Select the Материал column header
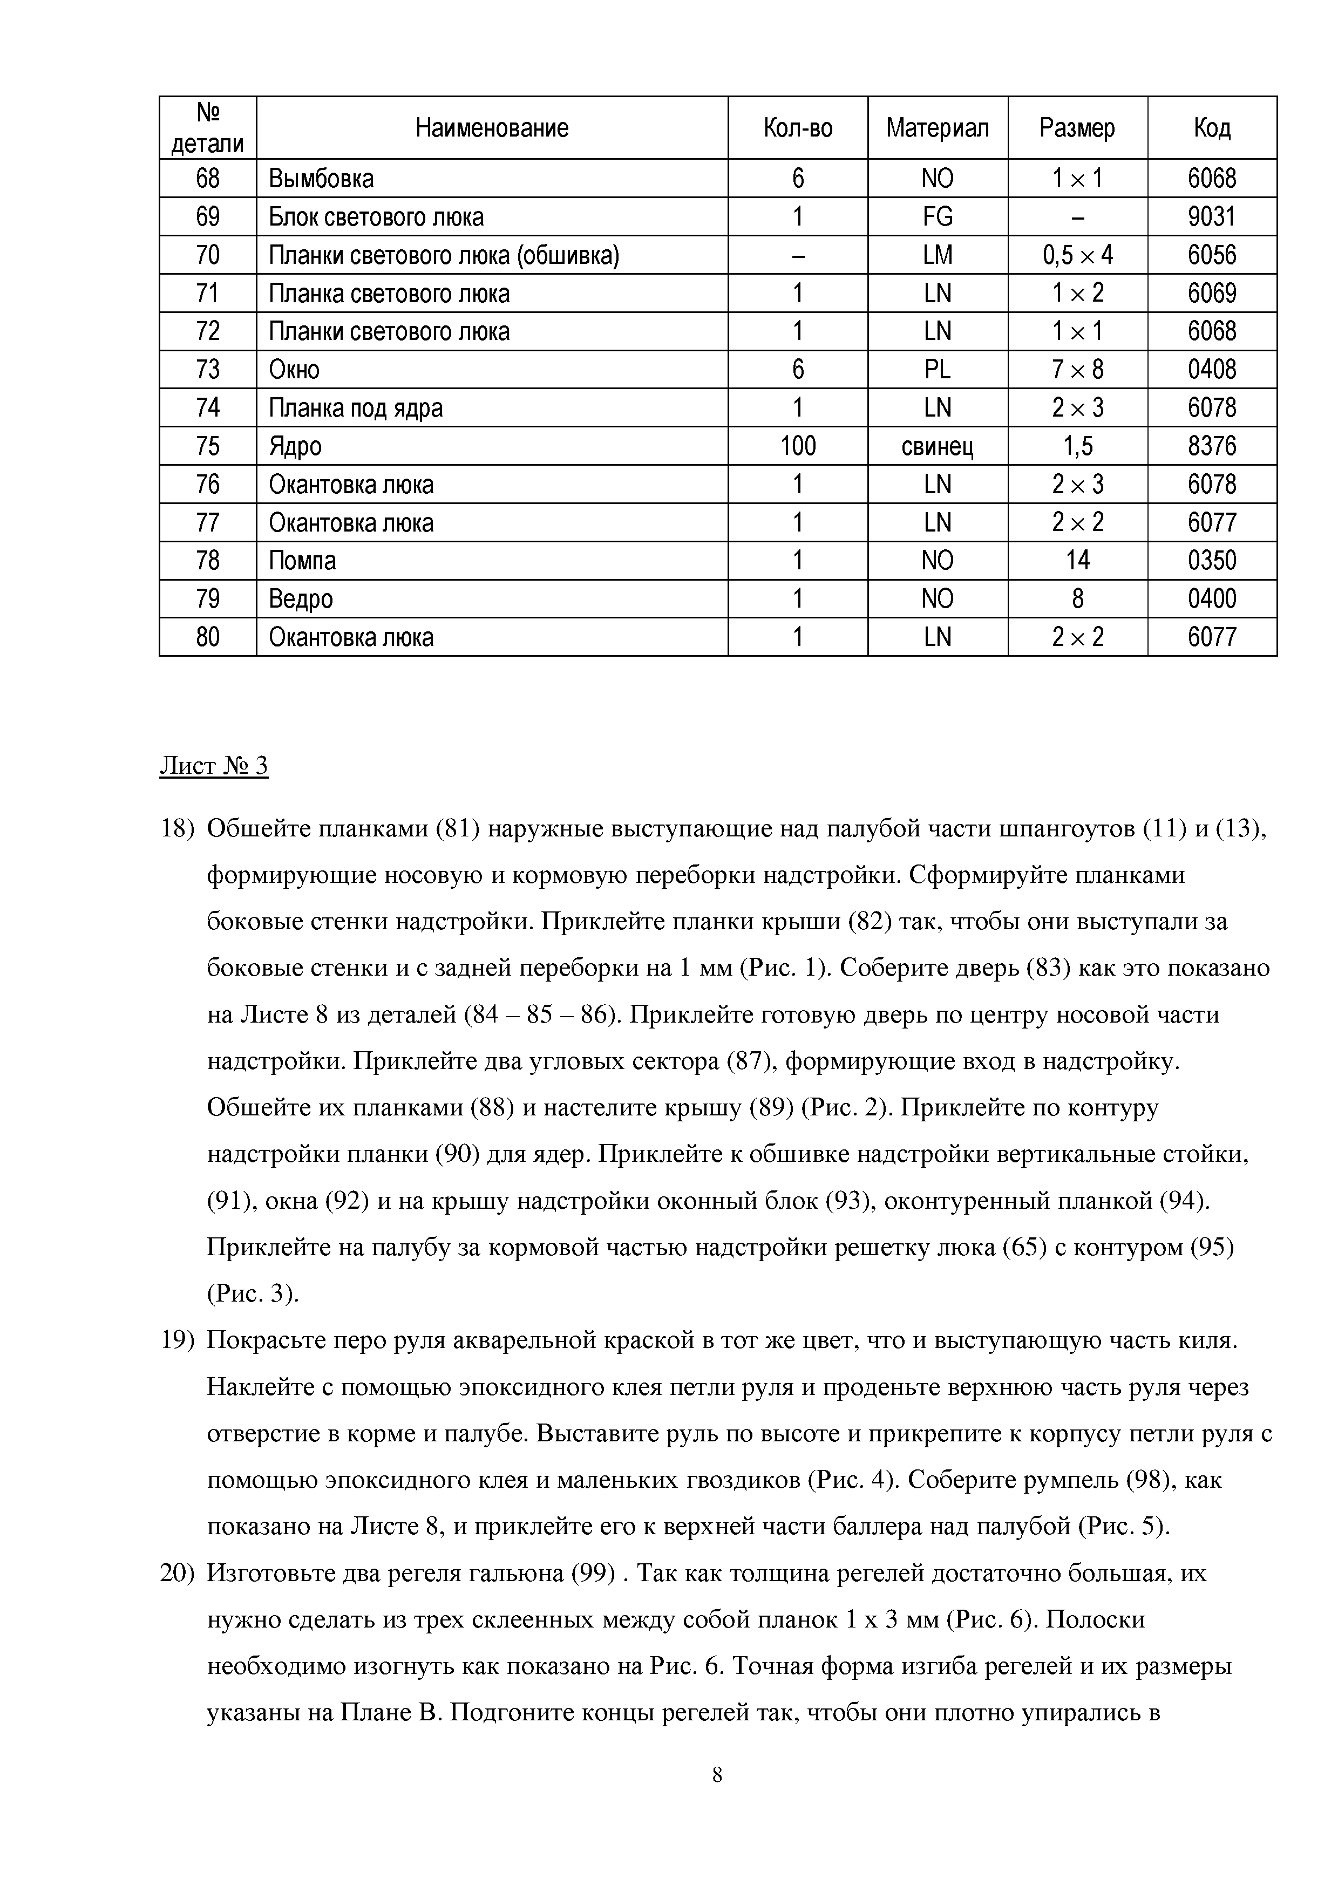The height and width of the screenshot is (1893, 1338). [938, 128]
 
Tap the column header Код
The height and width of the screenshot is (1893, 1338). [1212, 128]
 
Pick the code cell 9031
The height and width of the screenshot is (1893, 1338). [1212, 217]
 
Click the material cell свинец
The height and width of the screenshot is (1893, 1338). [938, 446]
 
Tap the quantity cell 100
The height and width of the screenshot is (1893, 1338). [797, 446]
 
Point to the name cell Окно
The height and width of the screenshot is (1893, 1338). [294, 369]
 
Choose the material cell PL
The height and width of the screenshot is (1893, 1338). [938, 369]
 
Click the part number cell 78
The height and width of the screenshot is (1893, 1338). [208, 561]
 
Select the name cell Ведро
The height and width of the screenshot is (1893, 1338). [301, 598]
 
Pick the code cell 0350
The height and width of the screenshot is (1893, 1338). [1212, 561]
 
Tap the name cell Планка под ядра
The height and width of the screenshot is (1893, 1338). [356, 408]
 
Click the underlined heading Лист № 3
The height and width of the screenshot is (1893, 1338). [214, 767]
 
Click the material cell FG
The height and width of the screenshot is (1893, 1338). [938, 217]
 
